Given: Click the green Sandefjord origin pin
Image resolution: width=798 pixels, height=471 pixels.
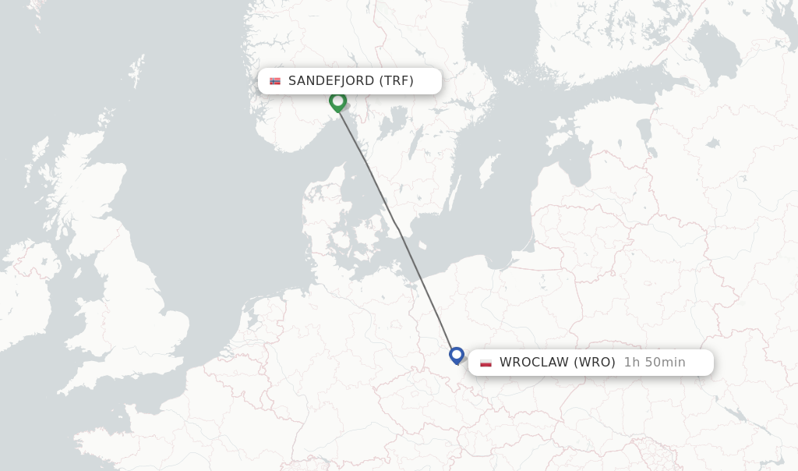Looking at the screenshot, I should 337,101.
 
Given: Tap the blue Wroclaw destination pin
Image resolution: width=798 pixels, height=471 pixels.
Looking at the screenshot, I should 457,355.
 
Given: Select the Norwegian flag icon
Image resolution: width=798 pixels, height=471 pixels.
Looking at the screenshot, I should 275,81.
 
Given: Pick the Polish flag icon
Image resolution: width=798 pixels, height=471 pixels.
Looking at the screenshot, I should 486,363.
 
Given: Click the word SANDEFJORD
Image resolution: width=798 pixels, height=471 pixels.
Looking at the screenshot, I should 331,81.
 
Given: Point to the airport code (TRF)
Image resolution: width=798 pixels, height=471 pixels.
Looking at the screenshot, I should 397,81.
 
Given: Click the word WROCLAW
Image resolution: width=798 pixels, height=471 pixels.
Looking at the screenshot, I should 535,363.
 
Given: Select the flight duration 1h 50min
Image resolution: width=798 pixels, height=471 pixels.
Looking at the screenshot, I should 655,363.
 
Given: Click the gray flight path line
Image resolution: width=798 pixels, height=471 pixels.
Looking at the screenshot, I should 397,226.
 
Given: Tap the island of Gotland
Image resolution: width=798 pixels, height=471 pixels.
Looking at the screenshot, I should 489,169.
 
